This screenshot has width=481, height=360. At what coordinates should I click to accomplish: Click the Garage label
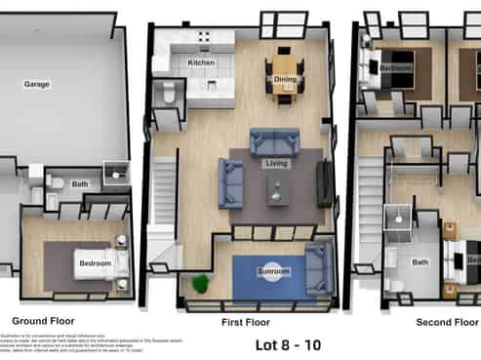tap(37, 84)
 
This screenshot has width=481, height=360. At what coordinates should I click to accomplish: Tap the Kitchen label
tap(201, 63)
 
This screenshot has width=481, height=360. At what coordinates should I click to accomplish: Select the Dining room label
tap(286, 79)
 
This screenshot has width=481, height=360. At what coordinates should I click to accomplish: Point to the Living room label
tap(277, 164)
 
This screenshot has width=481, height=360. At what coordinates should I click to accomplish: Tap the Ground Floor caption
tap(42, 320)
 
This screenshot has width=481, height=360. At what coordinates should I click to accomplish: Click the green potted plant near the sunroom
tap(201, 283)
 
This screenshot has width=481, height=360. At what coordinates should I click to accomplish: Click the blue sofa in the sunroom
tap(317, 268)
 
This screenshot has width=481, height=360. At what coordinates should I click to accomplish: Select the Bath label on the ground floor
tap(79, 183)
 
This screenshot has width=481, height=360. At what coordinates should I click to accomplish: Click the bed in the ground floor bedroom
tap(93, 264)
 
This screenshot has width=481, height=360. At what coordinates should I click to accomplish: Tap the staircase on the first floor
tap(163, 195)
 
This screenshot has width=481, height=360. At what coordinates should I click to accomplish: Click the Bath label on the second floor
tap(420, 261)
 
